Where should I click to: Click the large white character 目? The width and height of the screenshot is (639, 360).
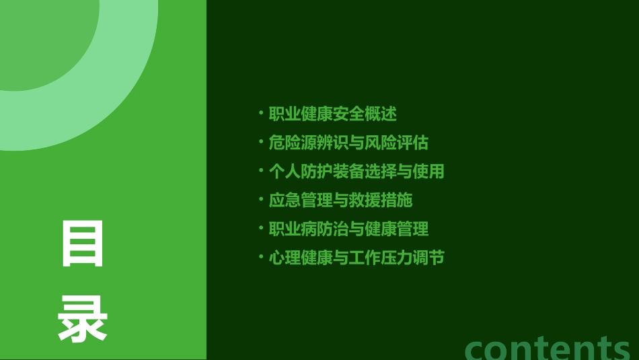(83, 243)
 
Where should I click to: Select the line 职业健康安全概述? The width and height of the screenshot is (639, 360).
(333, 114)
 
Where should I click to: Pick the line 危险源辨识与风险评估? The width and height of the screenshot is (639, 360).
(348, 143)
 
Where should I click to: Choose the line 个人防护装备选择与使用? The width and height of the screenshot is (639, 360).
(356, 171)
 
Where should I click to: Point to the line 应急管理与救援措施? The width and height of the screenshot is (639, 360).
(340, 200)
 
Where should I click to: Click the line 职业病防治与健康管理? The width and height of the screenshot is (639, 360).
(348, 229)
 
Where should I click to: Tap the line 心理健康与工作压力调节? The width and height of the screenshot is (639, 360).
(356, 258)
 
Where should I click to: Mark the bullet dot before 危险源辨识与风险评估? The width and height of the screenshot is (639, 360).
(261, 141)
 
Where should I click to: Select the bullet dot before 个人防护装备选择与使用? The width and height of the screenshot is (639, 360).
(261, 170)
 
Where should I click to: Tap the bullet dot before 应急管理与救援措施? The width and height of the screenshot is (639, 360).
(261, 199)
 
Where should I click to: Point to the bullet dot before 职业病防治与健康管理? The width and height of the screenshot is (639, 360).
(261, 228)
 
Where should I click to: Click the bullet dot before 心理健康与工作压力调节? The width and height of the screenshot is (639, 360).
(261, 257)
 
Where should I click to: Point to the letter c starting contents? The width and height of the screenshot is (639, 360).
(477, 349)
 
